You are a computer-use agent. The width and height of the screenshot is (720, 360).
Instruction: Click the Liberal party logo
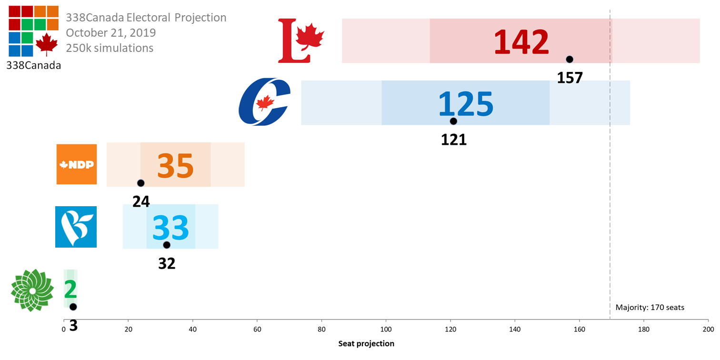click(x=300, y=40)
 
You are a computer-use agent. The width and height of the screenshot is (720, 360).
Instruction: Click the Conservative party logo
click(x=265, y=102)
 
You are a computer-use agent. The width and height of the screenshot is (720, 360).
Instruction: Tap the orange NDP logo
click(x=77, y=164)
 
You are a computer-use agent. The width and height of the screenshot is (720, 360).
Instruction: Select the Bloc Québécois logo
click(x=76, y=227)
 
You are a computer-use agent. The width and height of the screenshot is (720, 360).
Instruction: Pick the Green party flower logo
click(x=32, y=290)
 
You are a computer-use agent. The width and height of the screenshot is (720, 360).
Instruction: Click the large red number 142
click(x=521, y=42)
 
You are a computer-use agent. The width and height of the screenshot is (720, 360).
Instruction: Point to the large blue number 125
click(x=466, y=103)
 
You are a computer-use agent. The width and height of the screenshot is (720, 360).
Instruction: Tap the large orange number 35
click(x=176, y=166)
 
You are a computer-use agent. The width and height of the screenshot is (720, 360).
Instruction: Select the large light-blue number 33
click(x=170, y=228)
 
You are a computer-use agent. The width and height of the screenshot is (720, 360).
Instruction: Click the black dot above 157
click(x=570, y=59)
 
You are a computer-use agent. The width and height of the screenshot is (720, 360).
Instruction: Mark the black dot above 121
click(x=453, y=121)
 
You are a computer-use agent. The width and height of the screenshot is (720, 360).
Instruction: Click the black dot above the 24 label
click(x=140, y=183)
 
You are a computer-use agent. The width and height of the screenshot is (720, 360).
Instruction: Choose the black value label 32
click(x=167, y=263)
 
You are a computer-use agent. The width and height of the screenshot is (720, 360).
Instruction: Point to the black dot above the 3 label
click(x=73, y=307)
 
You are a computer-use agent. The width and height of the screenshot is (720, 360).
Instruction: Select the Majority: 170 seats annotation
click(x=650, y=308)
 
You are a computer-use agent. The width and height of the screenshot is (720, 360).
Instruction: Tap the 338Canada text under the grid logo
click(x=33, y=66)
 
